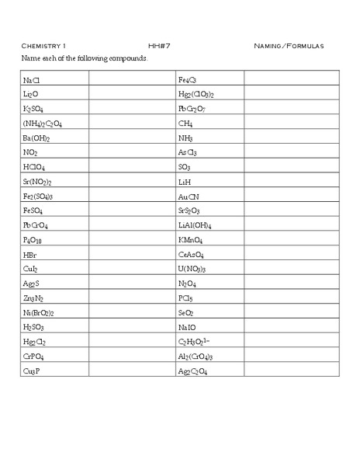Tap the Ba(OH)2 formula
coord(36,138)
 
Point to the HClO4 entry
coord(34,167)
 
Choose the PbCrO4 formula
coord(36,226)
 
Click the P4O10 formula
coord(34,241)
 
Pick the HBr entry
coord(30,256)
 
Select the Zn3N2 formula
coord(33,299)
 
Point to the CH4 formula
coord(185,123)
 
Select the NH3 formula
coord(185,138)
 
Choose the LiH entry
coord(184,182)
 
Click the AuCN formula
coord(189,196)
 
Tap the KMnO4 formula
coord(191,241)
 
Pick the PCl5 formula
coord(185,299)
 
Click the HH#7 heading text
coord(159,46)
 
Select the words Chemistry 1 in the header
coord(44,46)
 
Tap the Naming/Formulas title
coord(289,46)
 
